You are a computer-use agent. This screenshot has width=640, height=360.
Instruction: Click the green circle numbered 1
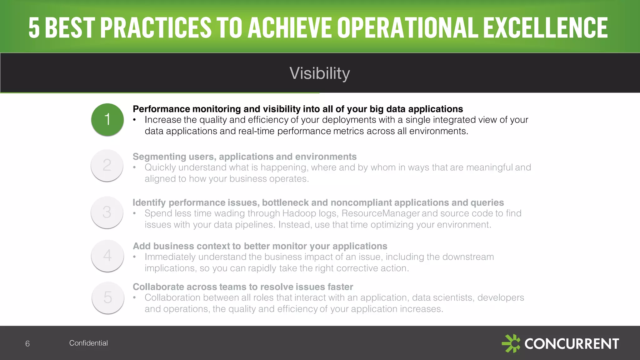click(x=107, y=119)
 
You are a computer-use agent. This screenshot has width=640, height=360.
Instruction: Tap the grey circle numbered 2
click(x=107, y=165)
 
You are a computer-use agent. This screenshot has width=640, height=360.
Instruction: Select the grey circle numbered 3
click(x=107, y=212)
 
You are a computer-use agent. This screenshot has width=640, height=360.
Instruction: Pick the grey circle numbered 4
click(x=107, y=255)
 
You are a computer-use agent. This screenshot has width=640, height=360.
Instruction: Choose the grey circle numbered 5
click(x=108, y=297)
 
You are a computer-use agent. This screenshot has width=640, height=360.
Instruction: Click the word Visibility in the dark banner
click(x=319, y=73)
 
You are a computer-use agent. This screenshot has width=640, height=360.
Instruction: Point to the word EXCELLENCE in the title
click(x=545, y=28)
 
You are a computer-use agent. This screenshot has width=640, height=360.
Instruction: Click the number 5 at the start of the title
click(x=34, y=28)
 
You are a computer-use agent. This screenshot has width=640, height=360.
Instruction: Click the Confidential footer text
click(x=88, y=343)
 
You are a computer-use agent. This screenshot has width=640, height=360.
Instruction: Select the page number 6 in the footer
click(x=27, y=344)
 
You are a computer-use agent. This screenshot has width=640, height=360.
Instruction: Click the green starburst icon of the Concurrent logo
click(x=511, y=343)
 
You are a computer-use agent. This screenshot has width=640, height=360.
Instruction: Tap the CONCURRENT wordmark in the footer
click(x=572, y=344)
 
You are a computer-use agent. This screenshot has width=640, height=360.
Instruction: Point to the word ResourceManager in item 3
click(x=380, y=213)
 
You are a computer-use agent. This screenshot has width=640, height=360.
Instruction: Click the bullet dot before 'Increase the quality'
click(x=135, y=120)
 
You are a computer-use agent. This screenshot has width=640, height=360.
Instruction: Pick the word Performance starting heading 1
click(x=161, y=109)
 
